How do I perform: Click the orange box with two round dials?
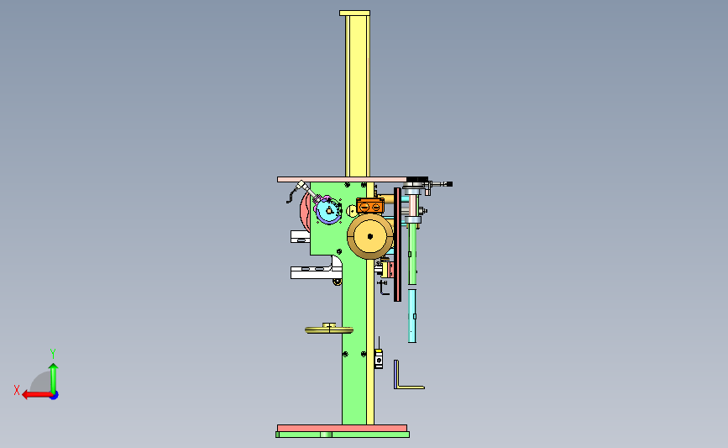(370, 205)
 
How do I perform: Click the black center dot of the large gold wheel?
(370, 236)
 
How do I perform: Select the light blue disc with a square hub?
(328, 210)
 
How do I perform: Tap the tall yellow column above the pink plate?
(358, 96)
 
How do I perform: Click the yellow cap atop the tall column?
(354, 13)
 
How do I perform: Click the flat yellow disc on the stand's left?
(329, 330)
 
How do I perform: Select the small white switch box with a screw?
(379, 359)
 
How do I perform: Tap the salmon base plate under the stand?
(343, 428)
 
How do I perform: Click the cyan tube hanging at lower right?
(411, 316)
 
